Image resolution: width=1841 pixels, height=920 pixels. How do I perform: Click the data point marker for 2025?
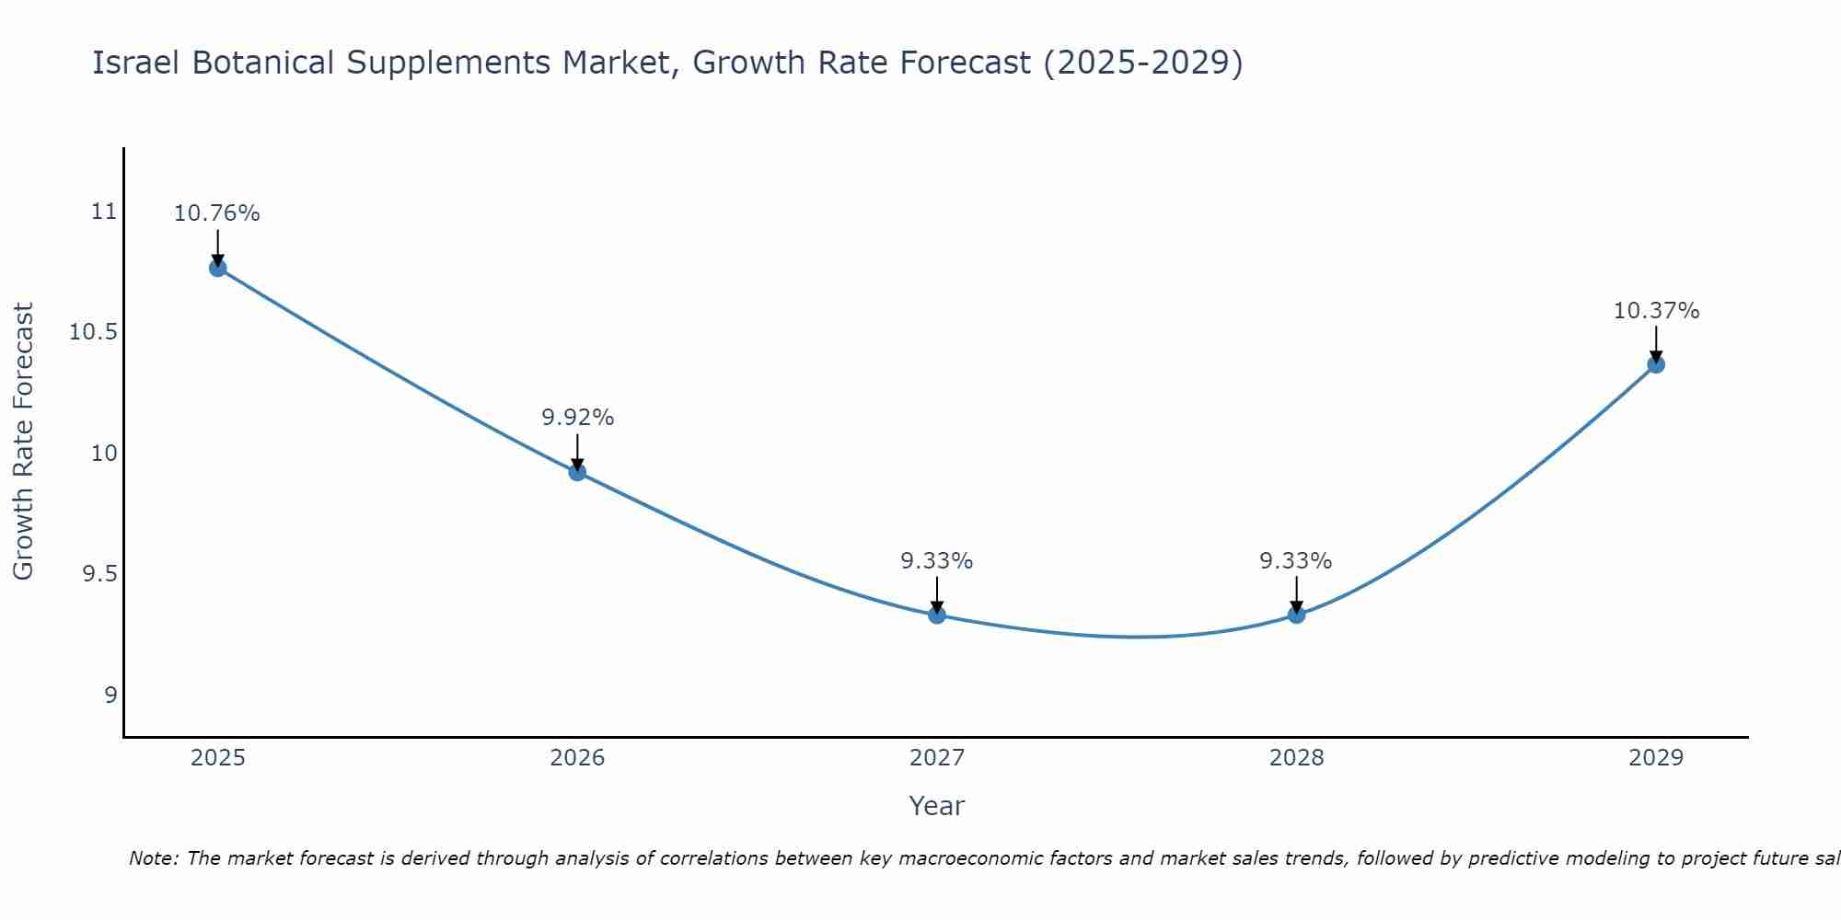click(218, 268)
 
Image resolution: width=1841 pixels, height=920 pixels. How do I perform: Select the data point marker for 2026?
click(577, 472)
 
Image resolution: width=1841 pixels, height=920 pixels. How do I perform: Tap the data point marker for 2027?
click(937, 615)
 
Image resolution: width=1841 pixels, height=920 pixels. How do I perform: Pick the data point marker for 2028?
click(1296, 615)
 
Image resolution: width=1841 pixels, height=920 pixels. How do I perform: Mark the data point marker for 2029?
click(1656, 364)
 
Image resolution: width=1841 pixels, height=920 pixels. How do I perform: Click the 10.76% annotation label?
click(217, 213)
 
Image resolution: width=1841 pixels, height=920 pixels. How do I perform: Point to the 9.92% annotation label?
click(577, 418)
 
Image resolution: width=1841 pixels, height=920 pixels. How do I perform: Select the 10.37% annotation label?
click(1656, 311)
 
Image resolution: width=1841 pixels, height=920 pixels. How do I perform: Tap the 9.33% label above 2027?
click(936, 561)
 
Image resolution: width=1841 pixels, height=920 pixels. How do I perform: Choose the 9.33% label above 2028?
click(1295, 561)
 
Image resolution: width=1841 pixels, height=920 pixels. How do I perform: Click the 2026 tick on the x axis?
click(577, 758)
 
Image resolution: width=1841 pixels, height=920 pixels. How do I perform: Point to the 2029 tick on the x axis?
click(1656, 758)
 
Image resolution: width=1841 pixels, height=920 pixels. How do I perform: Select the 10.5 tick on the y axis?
click(94, 332)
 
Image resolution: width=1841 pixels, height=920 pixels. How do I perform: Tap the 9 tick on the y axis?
click(110, 695)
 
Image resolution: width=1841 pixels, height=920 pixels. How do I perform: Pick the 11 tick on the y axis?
click(105, 212)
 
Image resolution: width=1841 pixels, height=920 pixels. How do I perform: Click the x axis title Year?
click(936, 806)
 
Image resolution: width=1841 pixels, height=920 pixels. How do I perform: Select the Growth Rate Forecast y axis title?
click(23, 442)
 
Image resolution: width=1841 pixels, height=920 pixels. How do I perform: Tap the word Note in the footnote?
click(153, 858)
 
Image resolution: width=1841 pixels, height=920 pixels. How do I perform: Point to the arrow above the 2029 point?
click(1656, 344)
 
